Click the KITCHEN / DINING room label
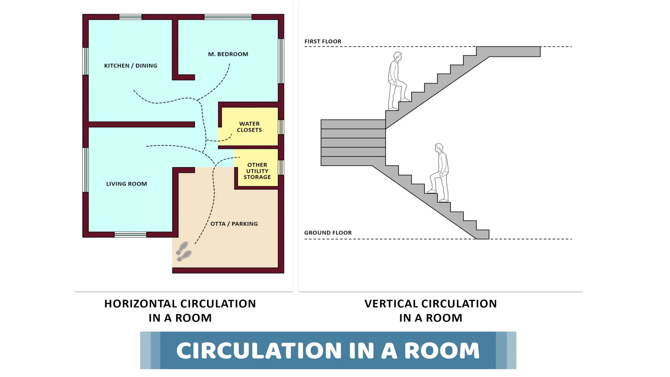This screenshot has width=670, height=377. coord(131,66)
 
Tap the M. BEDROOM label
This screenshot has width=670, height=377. coord(228,54)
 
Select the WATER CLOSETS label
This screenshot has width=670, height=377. coord(249,127)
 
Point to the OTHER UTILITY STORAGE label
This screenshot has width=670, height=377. coord(257,171)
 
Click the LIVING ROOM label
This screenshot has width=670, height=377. coord(127,184)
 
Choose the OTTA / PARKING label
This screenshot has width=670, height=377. coord(234,224)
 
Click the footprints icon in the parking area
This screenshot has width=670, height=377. coord(184,252)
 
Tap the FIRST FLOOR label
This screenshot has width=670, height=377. coord(323,42)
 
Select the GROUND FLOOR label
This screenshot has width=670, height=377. coord(328,233)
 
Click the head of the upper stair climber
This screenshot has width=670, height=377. coord(398,56)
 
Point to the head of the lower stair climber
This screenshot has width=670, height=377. coord(439,148)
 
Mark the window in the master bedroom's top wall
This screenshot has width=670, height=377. coord(228,17)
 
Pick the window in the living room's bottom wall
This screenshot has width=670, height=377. coord(130,234)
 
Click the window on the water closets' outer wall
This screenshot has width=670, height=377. coord(281,127)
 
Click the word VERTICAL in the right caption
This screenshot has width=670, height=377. coord(391,304)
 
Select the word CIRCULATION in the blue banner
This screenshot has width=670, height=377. coord(259,350)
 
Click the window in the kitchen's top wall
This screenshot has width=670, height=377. coord(130,17)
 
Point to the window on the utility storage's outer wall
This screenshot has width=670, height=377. coord(281,167)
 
